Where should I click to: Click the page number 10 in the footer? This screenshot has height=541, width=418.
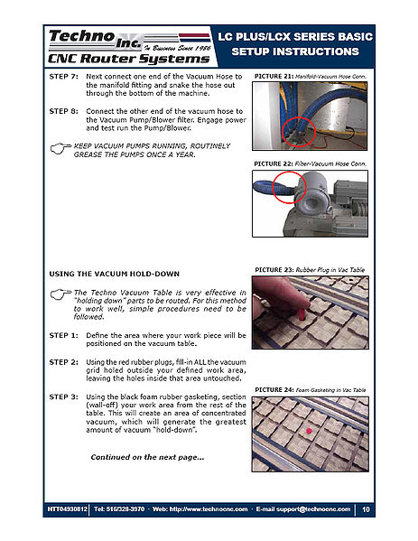(366, 509)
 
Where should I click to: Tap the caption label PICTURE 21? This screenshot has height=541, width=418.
(274, 76)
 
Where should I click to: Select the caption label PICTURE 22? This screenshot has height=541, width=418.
(274, 163)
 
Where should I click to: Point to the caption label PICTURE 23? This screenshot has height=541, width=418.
(274, 270)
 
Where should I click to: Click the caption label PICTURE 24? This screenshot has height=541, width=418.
(274, 389)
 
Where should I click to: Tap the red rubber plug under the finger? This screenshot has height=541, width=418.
(302, 314)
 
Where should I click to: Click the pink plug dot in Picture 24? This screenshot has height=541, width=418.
(309, 431)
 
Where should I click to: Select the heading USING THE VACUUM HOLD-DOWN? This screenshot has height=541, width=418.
(114, 274)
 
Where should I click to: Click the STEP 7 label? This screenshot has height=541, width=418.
(64, 76)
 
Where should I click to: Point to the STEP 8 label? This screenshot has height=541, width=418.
(64, 111)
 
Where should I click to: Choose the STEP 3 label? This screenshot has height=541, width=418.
(64, 396)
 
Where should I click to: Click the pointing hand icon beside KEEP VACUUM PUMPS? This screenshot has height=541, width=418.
(60, 148)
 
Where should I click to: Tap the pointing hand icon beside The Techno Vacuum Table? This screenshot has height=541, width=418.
(60, 294)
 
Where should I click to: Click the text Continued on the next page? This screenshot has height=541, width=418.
(147, 457)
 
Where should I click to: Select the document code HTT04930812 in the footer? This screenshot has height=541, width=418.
(67, 509)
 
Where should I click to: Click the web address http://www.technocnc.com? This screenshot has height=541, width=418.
(209, 509)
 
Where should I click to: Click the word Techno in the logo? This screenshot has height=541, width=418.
(81, 36)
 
